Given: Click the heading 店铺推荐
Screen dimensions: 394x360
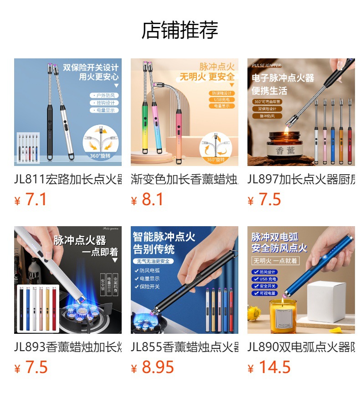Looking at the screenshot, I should pyautogui.click(x=180, y=30).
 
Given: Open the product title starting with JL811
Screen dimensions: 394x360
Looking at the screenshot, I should pyautogui.click(x=68, y=179).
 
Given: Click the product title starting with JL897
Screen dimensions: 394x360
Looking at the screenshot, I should pyautogui.click(x=301, y=179).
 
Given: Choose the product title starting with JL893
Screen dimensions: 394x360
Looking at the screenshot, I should pyautogui.click(x=68, y=347).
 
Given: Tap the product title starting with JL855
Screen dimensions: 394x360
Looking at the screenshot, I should pyautogui.click(x=185, y=347).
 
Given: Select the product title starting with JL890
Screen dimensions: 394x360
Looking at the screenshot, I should pyautogui.click(x=301, y=347).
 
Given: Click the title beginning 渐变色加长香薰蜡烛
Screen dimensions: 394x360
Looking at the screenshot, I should pyautogui.click(x=185, y=179).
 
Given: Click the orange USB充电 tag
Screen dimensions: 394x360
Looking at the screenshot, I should pyautogui.click(x=222, y=99).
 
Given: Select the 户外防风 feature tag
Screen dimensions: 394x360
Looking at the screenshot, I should pyautogui.click(x=104, y=95).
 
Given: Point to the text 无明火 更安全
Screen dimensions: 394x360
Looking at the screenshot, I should pyautogui.click(x=207, y=77).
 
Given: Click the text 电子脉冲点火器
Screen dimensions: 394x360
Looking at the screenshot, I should pyautogui.click(x=283, y=78).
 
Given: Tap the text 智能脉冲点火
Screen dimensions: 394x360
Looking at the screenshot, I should pyautogui.click(x=164, y=237).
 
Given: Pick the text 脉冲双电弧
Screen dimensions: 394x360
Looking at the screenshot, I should pyautogui.click(x=275, y=237).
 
